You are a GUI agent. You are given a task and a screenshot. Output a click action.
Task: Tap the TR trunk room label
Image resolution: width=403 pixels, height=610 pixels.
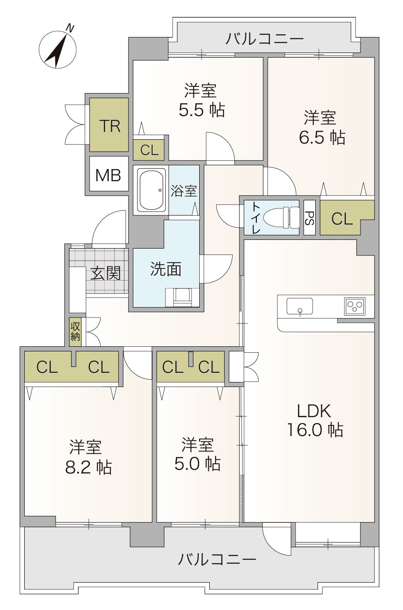point(110,126)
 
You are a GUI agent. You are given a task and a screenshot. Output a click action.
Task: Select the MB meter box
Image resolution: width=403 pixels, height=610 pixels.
point(109,174)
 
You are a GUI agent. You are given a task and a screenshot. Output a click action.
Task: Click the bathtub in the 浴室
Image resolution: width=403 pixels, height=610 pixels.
point(151,190)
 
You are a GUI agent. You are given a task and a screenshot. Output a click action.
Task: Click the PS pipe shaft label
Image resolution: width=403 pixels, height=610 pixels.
point(309,218)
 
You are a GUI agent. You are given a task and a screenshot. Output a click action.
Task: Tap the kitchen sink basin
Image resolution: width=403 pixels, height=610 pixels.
point(300,306)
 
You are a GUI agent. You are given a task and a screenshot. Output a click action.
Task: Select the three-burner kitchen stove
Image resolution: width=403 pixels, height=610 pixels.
point(355,306)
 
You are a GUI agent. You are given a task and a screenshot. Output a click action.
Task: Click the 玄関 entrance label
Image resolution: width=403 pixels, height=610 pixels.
point(106,273)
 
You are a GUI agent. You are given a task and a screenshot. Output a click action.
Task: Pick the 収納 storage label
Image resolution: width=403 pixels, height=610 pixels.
point(75,332)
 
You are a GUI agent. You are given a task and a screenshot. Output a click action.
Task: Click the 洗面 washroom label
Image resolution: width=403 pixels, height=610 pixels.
point(166,269)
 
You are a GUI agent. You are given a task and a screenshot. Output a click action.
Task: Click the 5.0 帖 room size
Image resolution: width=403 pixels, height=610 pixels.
point(197,463)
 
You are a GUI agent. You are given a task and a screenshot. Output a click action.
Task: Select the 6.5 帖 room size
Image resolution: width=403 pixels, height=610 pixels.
point(322,137)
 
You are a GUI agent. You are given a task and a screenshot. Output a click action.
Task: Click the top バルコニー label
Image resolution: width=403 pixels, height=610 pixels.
point(265,39)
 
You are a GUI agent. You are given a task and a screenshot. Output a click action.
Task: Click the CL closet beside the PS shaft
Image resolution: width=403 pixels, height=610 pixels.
point(342,218)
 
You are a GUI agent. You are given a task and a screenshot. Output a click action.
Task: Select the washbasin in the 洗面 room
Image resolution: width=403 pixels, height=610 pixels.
point(182,297)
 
